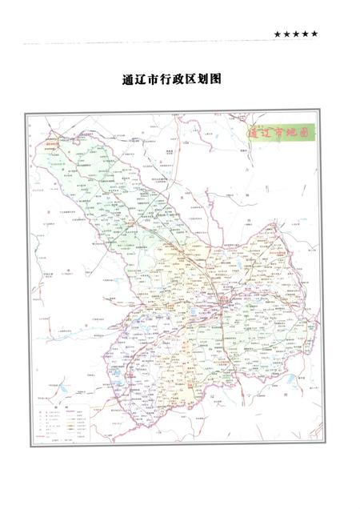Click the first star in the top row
(x=278, y=34)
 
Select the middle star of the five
(x=296, y=34)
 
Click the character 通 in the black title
(x=128, y=81)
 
